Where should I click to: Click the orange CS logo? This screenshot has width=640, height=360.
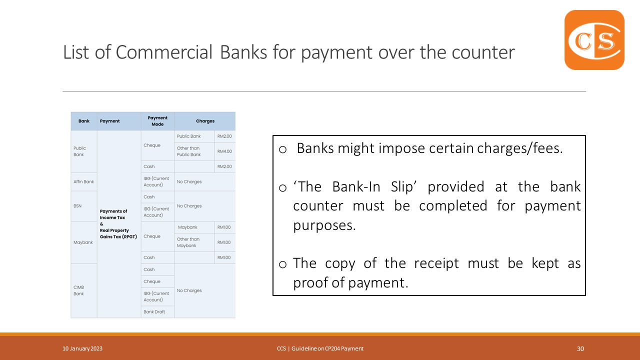pyautogui.click(x=594, y=40)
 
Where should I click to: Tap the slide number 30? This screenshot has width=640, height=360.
pyautogui.click(x=580, y=349)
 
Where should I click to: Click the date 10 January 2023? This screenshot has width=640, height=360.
pyautogui.click(x=82, y=349)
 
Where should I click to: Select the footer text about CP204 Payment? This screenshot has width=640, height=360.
pyautogui.click(x=320, y=349)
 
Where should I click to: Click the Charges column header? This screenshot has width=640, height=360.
pyautogui.click(x=205, y=121)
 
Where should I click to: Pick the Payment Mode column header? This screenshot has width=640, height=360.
pyautogui.click(x=157, y=121)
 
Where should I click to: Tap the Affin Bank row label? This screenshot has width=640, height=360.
pyautogui.click(x=83, y=181)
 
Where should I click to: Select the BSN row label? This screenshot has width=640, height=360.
pyautogui.click(x=77, y=205)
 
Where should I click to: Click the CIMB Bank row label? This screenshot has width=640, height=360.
pyautogui.click(x=79, y=290)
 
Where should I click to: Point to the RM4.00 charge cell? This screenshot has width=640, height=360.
pyautogui.click(x=224, y=151)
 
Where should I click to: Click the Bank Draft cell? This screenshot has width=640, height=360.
pyautogui.click(x=154, y=312)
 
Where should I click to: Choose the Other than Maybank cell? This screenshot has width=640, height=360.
pyautogui.click(x=188, y=242)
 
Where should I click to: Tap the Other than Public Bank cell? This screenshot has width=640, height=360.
pyautogui.click(x=189, y=151)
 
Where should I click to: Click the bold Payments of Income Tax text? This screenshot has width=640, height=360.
pyautogui.click(x=113, y=214)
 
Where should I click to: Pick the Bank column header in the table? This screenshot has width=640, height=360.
pyautogui.click(x=84, y=121)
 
